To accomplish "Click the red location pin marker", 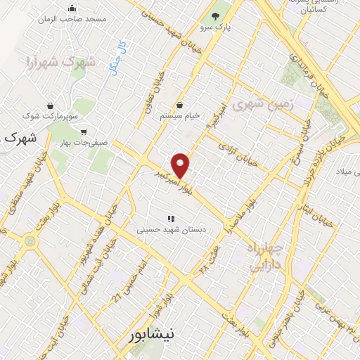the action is point(181,165).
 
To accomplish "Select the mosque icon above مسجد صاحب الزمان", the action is point(71,8).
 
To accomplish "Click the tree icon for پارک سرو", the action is point(215,15).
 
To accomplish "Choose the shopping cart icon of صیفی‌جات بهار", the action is point(84,131).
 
